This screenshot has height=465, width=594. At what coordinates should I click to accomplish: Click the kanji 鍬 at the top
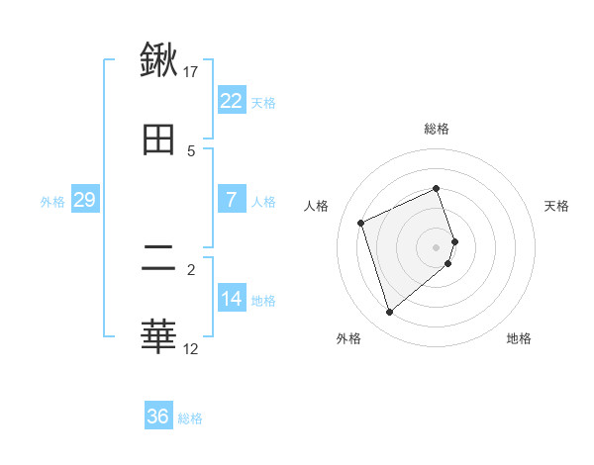coord(158,60)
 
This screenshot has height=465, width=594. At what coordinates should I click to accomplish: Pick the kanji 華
coord(158,337)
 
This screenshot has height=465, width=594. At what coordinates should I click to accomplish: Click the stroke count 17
coord(191,71)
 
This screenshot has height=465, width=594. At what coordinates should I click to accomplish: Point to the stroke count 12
coord(191,348)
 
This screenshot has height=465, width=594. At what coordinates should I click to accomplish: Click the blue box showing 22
coord(231,101)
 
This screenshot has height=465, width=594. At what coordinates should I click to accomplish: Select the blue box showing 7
coord(231,200)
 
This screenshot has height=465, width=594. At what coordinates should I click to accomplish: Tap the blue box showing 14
coord(231,299)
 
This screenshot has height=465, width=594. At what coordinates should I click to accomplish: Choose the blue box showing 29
coord(84,200)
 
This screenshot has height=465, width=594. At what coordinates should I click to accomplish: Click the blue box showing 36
coord(157,417)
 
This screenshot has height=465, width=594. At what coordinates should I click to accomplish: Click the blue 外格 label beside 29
coord(52,201)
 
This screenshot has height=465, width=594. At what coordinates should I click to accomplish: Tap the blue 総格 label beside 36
coord(190,418)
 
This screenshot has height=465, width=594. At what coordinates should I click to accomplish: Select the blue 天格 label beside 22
coord(263,102)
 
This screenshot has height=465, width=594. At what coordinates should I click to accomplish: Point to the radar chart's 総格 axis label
coord(437,129)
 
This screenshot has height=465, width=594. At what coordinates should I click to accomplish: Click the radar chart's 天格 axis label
coord(557,206)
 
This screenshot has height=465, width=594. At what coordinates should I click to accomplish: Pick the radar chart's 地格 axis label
coord(519,338)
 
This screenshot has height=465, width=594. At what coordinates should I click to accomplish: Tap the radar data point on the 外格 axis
coord(389,313)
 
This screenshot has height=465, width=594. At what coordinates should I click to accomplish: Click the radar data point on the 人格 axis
coord(361,223)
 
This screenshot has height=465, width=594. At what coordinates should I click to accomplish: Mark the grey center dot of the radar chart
coord(437,246)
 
